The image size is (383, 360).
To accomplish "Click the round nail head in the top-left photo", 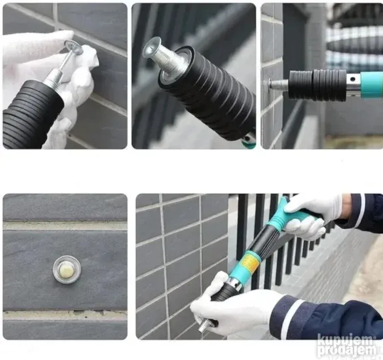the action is coord(73,47).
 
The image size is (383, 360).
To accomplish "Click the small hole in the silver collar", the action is coord(352,79).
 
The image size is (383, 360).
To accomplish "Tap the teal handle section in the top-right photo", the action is coord(371,85).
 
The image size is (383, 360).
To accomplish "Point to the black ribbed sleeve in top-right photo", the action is coord(318,85).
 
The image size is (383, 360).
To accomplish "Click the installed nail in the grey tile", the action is coord(67,270).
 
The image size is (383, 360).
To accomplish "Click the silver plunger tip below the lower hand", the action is coord(204,326).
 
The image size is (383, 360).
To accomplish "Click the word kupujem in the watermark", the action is coord(345,340).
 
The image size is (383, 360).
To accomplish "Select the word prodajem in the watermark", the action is coord(347,350).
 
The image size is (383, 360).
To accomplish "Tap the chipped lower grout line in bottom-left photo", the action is coord(65,315).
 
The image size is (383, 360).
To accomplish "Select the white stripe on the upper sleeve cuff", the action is coord(363,207).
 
